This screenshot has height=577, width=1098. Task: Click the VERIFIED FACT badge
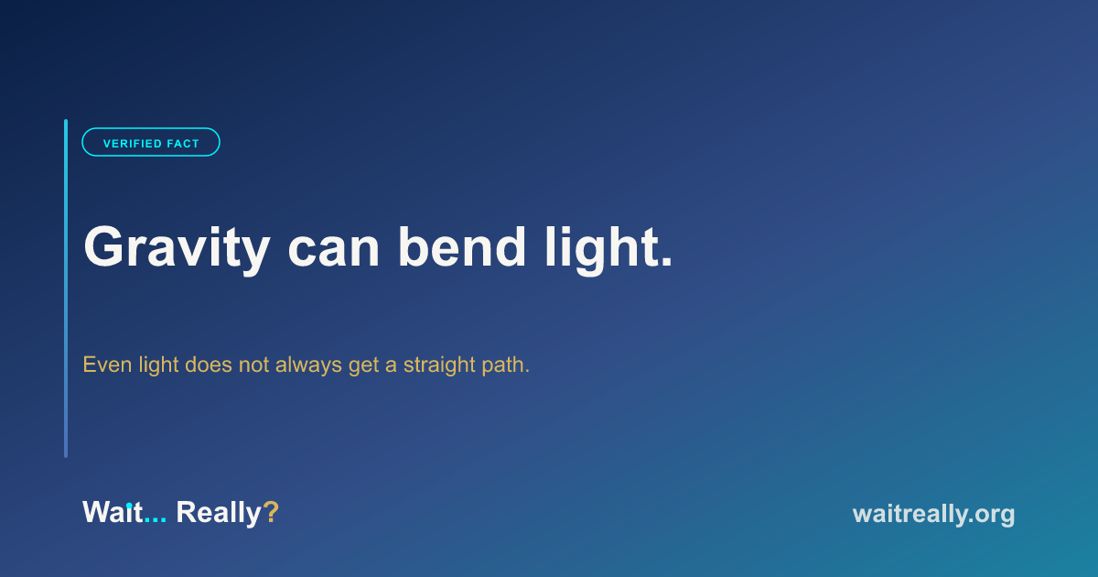(151, 142)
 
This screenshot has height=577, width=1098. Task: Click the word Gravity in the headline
(177, 249)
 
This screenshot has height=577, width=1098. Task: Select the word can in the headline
(334, 253)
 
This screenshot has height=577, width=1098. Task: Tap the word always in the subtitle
(308, 366)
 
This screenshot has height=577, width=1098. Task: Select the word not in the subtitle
(253, 365)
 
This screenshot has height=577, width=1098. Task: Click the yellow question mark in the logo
(271, 512)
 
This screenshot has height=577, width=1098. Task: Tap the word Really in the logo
(219, 514)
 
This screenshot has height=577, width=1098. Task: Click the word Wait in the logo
(113, 512)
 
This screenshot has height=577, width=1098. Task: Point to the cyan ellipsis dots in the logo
(156, 520)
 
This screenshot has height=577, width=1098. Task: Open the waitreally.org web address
(934, 515)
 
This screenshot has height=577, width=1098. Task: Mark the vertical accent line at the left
(66, 288)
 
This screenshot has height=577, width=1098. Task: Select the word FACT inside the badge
(183, 144)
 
